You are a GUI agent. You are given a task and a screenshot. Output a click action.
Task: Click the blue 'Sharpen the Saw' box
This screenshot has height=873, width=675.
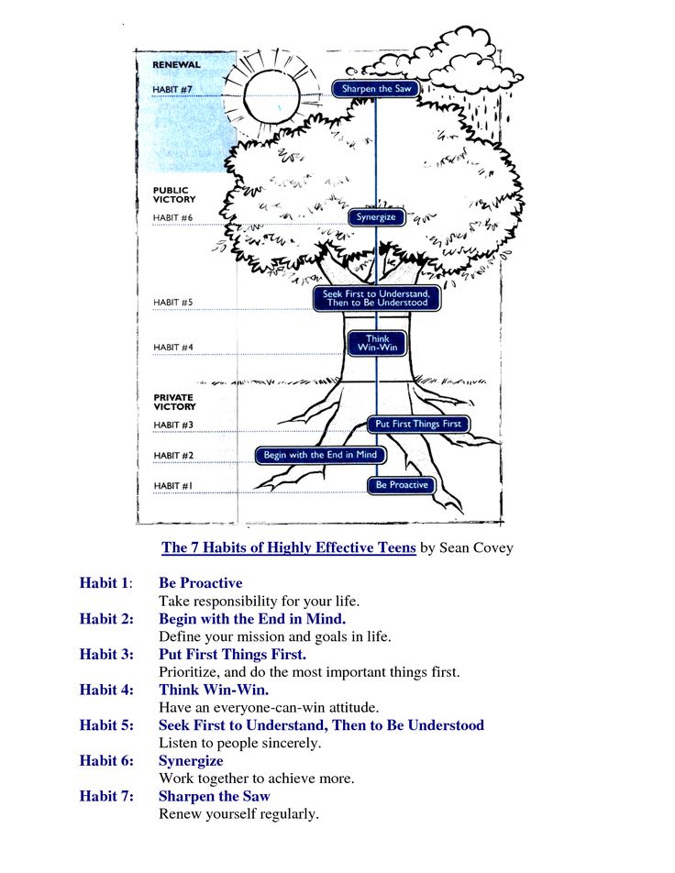(376, 89)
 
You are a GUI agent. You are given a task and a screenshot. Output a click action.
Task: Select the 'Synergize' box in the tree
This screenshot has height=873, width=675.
(376, 217)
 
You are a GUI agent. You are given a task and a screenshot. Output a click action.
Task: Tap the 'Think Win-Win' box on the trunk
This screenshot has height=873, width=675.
(377, 343)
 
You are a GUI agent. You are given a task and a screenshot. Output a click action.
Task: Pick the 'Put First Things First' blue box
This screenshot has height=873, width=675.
(418, 424)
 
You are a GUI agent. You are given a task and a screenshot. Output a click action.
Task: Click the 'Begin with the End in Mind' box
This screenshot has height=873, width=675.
(319, 455)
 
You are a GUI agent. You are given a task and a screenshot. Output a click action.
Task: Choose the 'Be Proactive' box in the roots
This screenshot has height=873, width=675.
(402, 485)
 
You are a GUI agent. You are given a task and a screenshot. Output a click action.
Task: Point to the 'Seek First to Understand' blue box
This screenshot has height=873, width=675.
(376, 298)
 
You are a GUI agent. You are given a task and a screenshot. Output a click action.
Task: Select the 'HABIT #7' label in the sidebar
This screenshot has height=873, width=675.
(172, 90)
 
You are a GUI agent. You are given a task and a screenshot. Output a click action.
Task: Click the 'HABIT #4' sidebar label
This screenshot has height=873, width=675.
(173, 348)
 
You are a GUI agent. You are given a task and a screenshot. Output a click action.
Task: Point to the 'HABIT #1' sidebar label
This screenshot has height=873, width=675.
(173, 486)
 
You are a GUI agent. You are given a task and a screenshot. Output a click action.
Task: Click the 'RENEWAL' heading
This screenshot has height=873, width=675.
(176, 65)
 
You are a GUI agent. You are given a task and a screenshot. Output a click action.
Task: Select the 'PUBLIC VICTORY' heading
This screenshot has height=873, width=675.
(173, 194)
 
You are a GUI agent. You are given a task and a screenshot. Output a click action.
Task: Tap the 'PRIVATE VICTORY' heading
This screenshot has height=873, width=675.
(174, 402)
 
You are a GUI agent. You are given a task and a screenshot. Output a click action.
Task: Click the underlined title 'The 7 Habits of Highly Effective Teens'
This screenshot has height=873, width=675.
(289, 548)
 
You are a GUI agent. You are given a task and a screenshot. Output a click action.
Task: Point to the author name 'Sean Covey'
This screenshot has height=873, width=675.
(476, 548)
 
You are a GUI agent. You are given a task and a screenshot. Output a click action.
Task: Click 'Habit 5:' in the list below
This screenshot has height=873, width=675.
(106, 725)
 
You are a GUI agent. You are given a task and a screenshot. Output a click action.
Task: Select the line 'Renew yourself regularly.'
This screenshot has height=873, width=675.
(238, 813)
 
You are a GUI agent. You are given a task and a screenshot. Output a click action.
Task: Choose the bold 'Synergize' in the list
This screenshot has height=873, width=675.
(191, 761)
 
